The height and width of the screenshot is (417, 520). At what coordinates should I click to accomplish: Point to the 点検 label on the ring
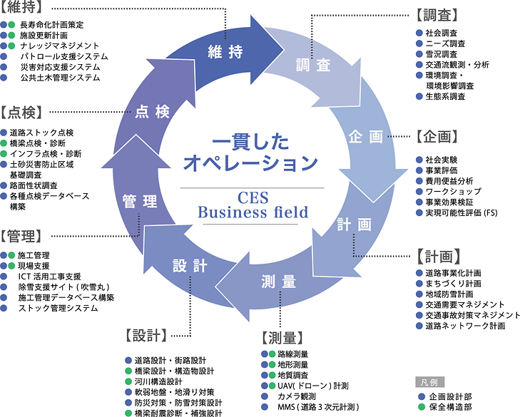coord(152,112)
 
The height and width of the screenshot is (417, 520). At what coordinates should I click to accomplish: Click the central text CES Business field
coord(253,204)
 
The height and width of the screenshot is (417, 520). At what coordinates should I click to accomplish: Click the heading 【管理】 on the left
coord(21,235)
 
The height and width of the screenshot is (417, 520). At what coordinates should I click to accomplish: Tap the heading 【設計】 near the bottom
coord(146,334)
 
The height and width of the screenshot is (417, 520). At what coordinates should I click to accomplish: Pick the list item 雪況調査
coord(442,53)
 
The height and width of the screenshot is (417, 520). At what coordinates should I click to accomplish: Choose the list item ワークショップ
coord(453,192)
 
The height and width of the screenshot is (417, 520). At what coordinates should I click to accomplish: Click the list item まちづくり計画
coord(456,283)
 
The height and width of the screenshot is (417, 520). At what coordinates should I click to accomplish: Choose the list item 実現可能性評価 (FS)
coord(464,213)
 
